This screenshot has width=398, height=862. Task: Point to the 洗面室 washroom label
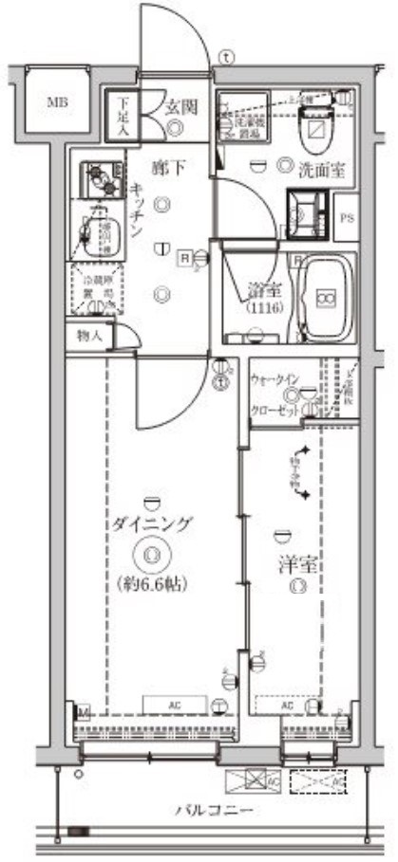(322, 172)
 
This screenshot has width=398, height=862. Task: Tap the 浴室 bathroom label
(259, 287)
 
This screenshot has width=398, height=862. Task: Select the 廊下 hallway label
(167, 169)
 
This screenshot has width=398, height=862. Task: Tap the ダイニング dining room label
(152, 523)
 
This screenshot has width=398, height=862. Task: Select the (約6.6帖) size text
(153, 583)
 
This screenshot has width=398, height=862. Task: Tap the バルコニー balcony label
(213, 811)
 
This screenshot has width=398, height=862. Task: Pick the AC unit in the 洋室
(286, 706)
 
